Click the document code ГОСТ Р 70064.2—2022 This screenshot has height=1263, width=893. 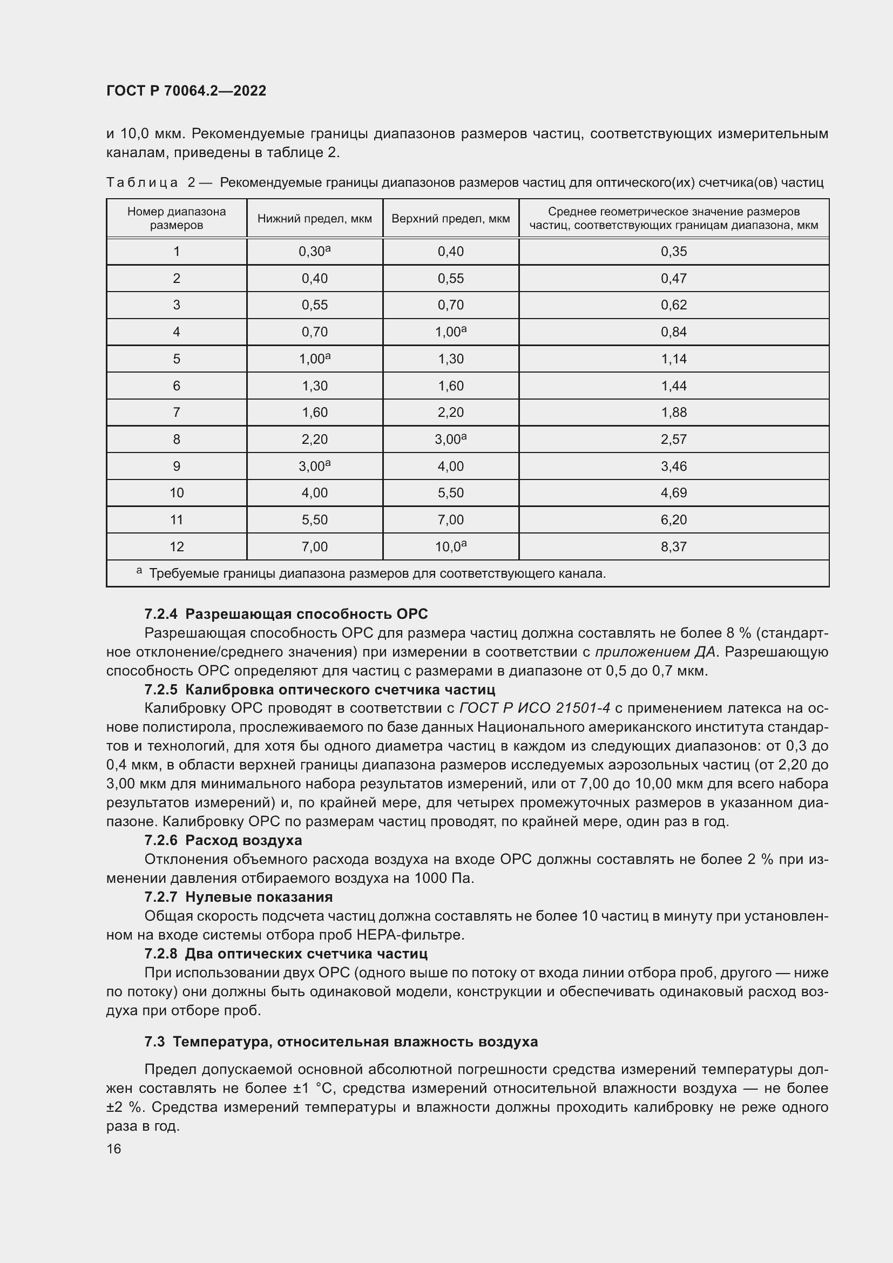tap(186, 91)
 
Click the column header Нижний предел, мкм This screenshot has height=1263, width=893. tap(315, 218)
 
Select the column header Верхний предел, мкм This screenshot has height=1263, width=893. tap(450, 218)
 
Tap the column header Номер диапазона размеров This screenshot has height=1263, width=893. tap(177, 218)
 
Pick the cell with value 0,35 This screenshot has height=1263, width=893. tap(674, 252)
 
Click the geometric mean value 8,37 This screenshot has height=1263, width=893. tap(674, 547)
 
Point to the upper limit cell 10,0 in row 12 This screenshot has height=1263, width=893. tap(450, 547)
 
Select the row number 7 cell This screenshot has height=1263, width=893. tap(177, 413)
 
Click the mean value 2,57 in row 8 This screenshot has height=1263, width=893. tap(674, 440)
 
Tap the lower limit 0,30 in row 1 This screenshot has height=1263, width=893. tap(314, 252)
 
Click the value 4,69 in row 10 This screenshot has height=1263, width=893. tap(674, 493)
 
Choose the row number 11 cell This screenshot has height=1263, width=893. tap(177, 520)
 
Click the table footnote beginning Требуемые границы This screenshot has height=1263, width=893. tap(377, 574)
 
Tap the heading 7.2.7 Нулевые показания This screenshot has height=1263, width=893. tap(238, 897)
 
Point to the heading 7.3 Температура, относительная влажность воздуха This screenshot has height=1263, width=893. tap(341, 1041)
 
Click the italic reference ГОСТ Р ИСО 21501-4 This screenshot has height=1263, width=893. tap(535, 708)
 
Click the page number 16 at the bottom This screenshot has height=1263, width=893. tap(114, 1149)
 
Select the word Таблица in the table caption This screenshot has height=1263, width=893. tap(142, 182)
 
